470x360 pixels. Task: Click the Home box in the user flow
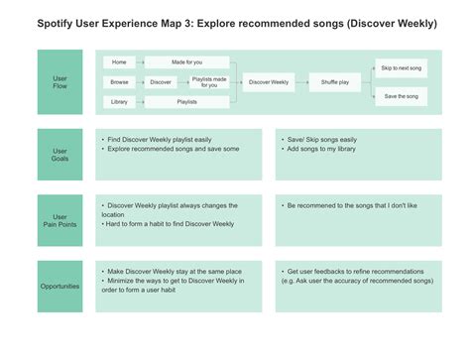point(120,62)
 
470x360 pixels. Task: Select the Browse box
point(120,82)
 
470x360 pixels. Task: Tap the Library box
point(120,101)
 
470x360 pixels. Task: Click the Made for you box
point(186,62)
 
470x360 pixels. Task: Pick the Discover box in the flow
point(161,82)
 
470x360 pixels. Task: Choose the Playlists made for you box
point(210,82)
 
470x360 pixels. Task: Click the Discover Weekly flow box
point(268,82)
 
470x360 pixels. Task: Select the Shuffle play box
point(336,82)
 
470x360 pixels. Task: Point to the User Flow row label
point(59,82)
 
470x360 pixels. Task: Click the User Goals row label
point(59,155)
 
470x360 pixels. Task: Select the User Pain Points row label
point(59,220)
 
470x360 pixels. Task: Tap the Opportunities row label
point(59,286)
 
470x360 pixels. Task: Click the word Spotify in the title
point(57,23)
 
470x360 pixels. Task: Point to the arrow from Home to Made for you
point(144,62)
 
